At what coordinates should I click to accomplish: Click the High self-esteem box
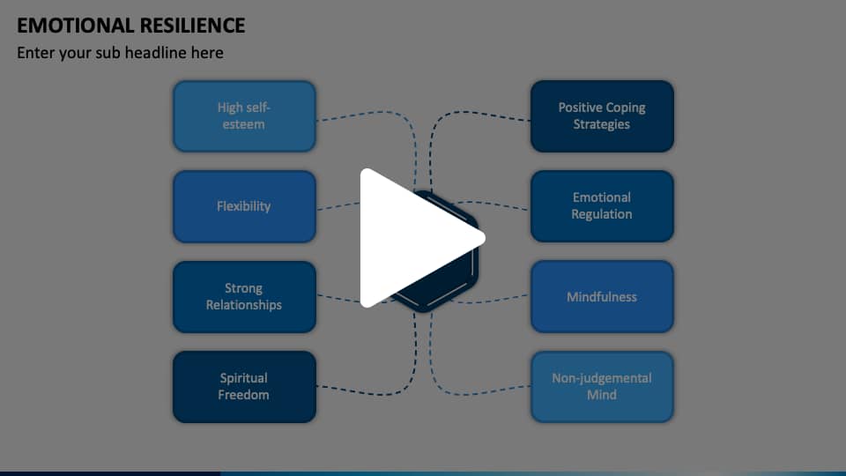(244, 116)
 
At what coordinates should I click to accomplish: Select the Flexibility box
(244, 206)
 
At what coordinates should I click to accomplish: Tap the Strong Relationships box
(244, 296)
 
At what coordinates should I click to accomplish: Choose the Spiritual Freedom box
(244, 386)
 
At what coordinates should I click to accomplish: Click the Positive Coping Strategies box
(602, 116)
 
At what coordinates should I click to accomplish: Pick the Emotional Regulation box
(602, 206)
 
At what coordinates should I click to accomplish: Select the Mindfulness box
(602, 296)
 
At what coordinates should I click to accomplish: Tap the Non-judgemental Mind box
(602, 386)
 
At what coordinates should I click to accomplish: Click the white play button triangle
(414, 238)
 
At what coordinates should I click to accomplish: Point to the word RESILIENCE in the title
(190, 26)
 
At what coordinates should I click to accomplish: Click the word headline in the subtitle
(189, 53)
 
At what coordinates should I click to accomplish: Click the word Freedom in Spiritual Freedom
(244, 395)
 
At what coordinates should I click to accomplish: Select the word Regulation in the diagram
(602, 214)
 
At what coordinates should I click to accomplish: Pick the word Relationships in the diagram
(244, 305)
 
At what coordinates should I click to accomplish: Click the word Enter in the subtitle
(36, 53)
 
